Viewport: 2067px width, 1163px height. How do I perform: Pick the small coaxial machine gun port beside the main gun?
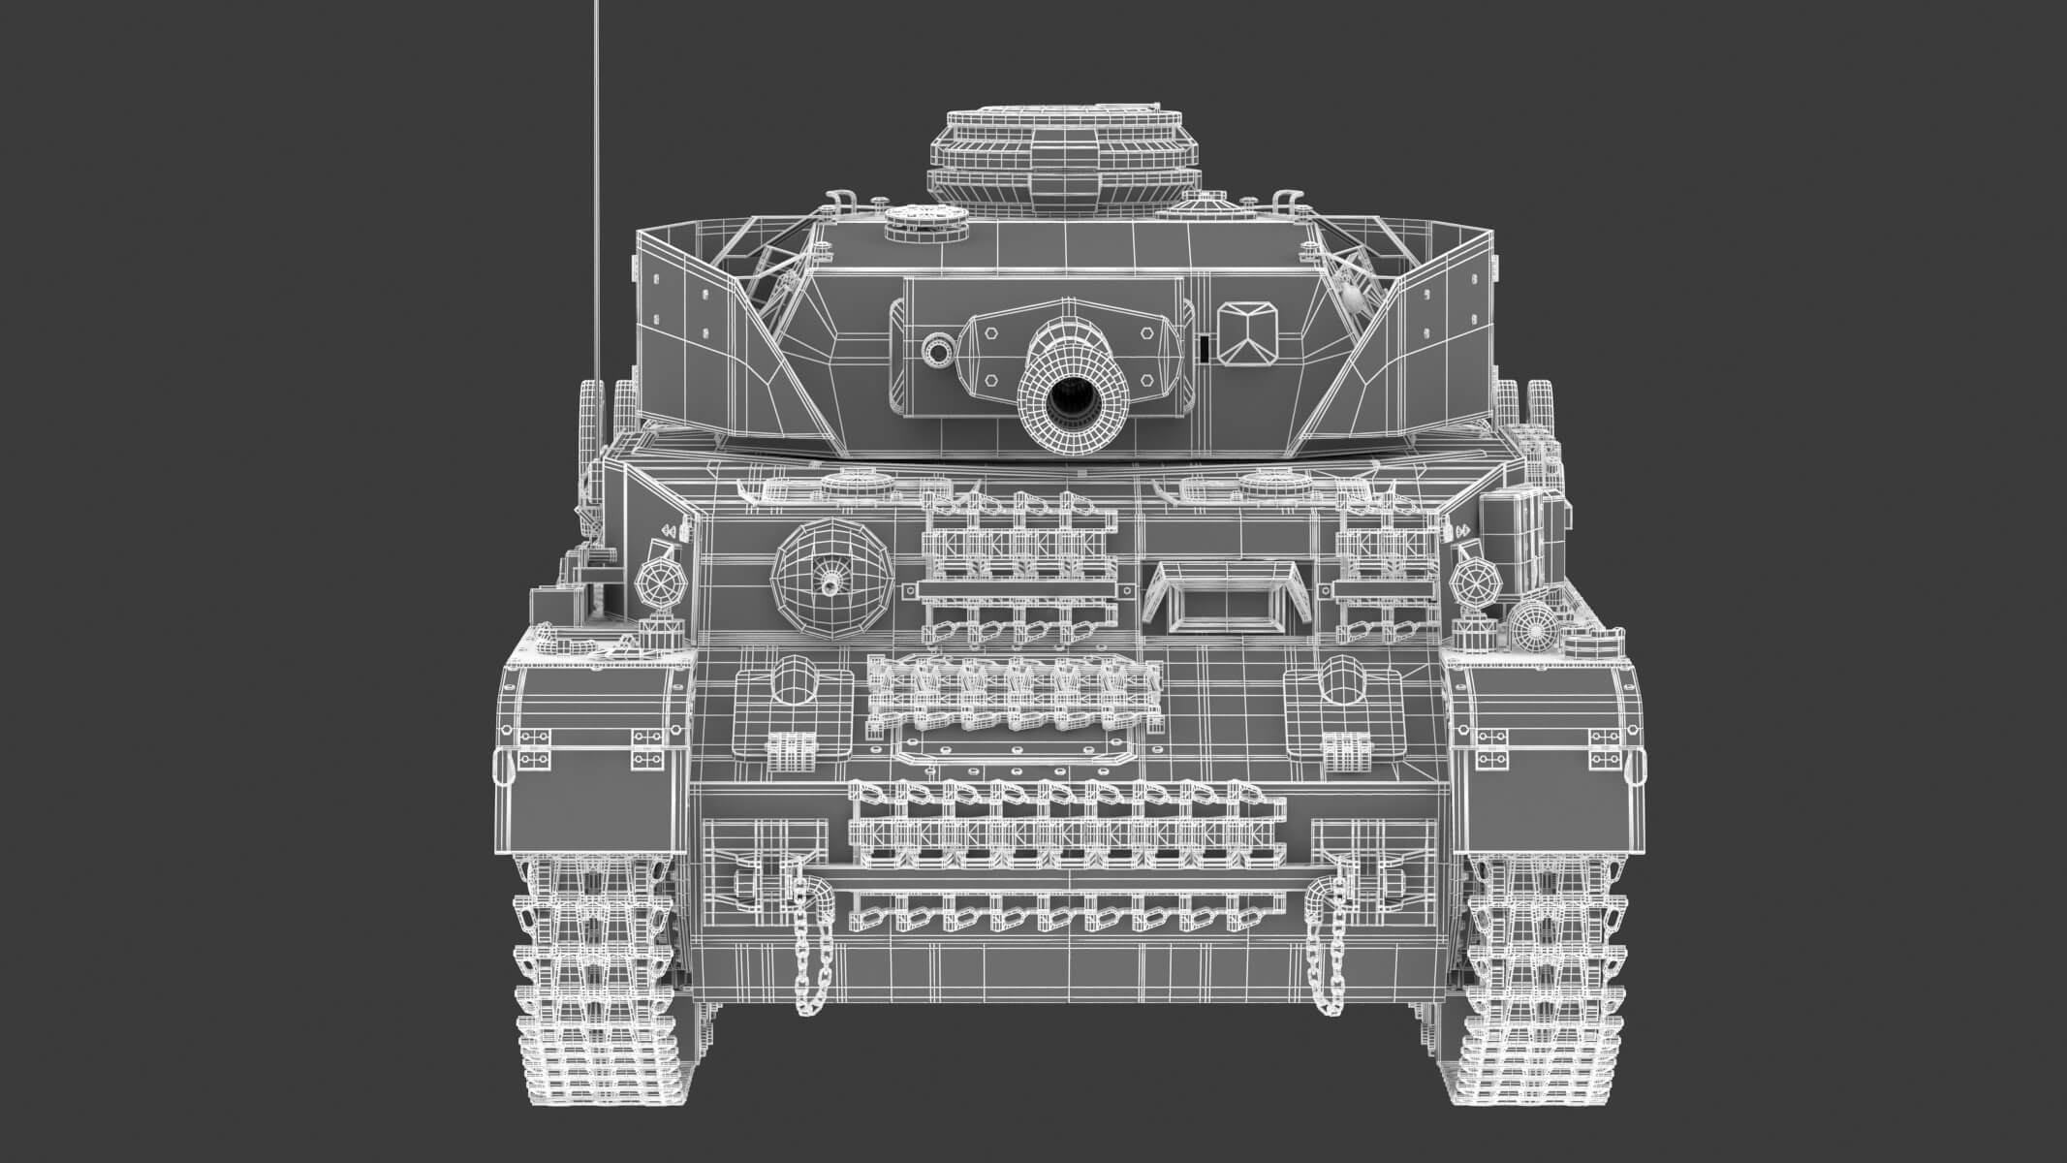pyautogui.click(x=937, y=349)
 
